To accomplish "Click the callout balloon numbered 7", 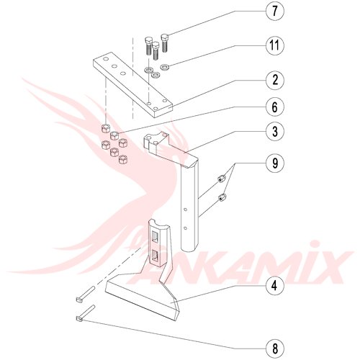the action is [x=275, y=12].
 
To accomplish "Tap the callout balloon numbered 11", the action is [x=275, y=45].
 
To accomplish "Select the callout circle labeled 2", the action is [x=275, y=80].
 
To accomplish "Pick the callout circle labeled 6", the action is [x=275, y=107].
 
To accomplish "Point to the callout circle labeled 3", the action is [x=275, y=131].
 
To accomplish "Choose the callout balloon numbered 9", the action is [x=275, y=163].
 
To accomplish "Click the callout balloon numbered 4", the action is [x=275, y=286].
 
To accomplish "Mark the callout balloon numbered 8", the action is [x=275, y=348].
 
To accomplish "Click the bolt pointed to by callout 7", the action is [x=165, y=43].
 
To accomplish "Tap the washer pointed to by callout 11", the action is [x=165, y=66].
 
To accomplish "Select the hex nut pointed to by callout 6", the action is [x=114, y=135].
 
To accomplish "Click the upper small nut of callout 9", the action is [x=220, y=179].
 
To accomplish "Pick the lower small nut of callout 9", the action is [x=222, y=198].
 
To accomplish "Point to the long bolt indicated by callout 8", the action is [x=85, y=313].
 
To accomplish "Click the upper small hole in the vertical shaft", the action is [x=185, y=210].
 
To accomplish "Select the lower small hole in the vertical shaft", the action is [x=185, y=228].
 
